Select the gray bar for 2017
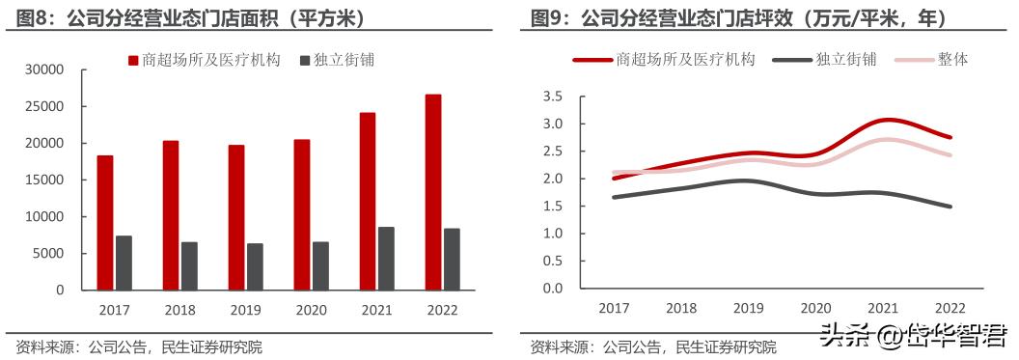pyautogui.click(x=124, y=263)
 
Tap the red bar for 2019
pyautogui.click(x=236, y=217)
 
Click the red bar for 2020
pyautogui.click(x=302, y=214)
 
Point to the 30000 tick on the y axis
pyautogui.click(x=43, y=69)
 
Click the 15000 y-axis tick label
pyautogui.click(x=43, y=180)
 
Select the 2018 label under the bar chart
pyautogui.click(x=179, y=311)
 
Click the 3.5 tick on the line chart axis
pyautogui.click(x=553, y=97)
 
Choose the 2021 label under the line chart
pyautogui.click(x=882, y=308)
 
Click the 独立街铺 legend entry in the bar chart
pyautogui.click(x=337, y=60)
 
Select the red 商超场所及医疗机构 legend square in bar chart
pyautogui.click(x=133, y=60)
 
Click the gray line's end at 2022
pyautogui.click(x=950, y=206)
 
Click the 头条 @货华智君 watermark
pyautogui.click(x=913, y=336)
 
